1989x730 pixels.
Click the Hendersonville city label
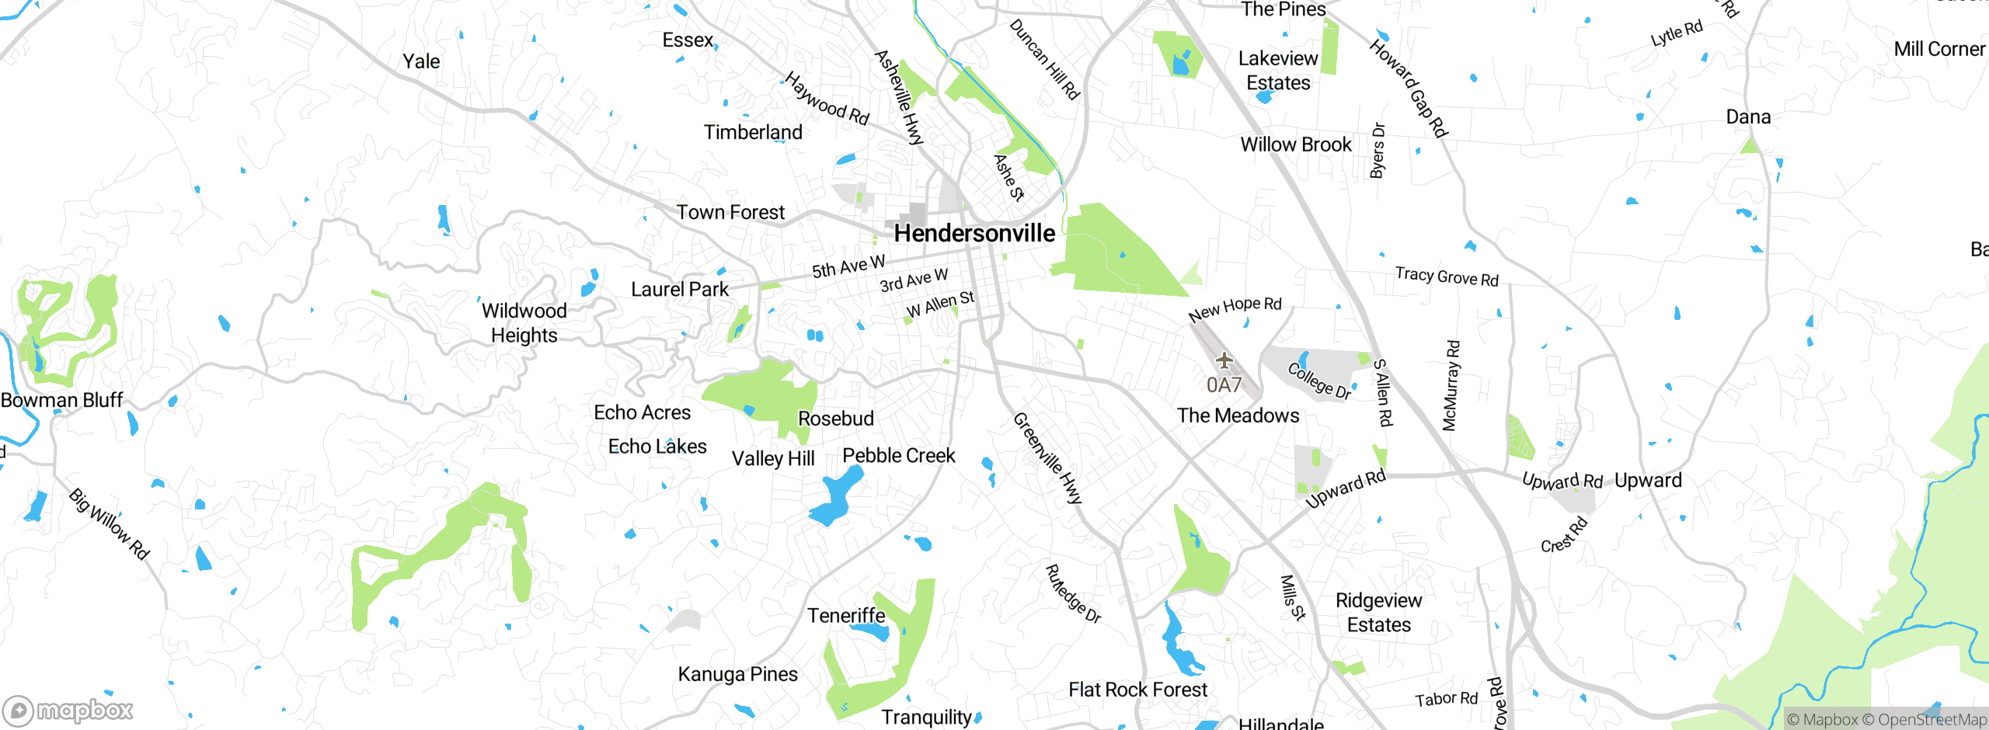pos(974,233)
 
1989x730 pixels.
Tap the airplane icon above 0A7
pos(1224,360)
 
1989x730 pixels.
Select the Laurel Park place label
pos(679,290)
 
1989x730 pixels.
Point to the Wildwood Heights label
pos(524,323)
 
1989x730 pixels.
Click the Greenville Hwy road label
pos(1047,458)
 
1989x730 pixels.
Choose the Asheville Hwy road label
pos(899,97)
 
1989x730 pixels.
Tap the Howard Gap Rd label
pos(1408,88)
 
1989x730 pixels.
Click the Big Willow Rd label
pos(109,524)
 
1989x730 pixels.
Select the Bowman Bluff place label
pos(62,401)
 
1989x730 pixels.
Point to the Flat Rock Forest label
pos(1137,690)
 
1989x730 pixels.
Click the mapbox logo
pos(68,710)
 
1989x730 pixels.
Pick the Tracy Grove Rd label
pos(1446,276)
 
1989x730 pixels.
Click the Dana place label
pos(1748,117)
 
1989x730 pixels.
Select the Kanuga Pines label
pos(737,674)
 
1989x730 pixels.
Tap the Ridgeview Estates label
pos(1378,613)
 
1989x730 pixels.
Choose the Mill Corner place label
pos(1938,50)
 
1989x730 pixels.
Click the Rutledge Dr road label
pos(1073,594)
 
